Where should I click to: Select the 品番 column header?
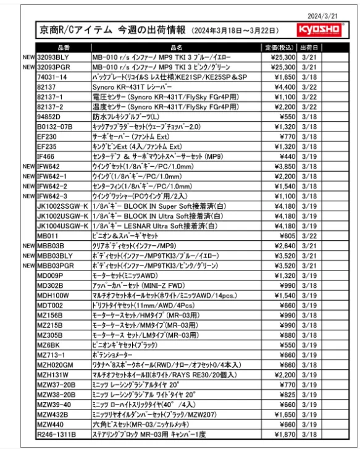point(64,48)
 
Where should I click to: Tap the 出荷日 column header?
point(309,48)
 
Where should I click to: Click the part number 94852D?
point(50,116)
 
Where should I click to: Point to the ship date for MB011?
point(309,235)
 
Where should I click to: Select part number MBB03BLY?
point(55,255)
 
